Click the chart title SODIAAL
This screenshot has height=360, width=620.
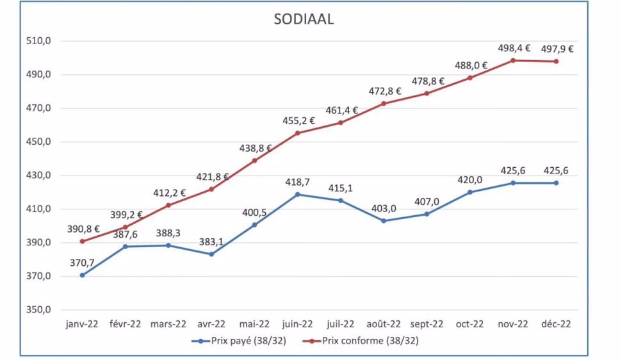(304, 19)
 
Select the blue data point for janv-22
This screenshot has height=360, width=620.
(82, 275)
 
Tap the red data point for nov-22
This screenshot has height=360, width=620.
(513, 60)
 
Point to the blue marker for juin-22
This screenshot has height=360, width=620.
(298, 194)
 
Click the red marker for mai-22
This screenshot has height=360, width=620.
(254, 160)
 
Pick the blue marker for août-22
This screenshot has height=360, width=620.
(384, 220)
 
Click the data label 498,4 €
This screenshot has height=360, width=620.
(514, 48)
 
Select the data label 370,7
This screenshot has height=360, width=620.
(83, 263)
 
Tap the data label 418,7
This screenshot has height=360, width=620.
(298, 183)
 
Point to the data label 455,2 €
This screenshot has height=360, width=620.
(298, 120)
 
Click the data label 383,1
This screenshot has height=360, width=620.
(211, 241)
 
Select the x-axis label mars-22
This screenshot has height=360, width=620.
(168, 324)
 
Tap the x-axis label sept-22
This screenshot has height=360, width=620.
(427, 324)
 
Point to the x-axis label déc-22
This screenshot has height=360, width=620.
(556, 324)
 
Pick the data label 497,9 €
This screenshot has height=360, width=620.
(557, 49)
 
